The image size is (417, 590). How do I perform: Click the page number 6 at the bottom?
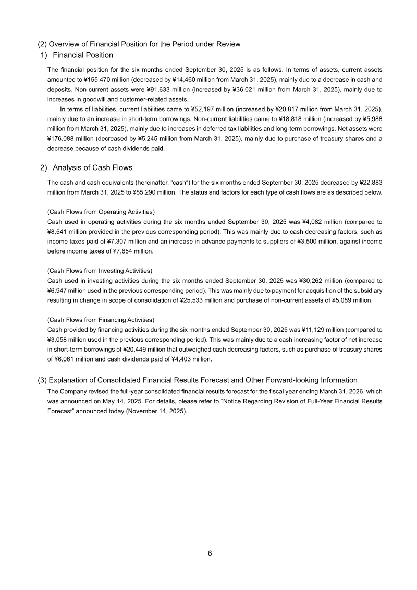(x=210, y=553)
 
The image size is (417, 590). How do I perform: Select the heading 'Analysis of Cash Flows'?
(x=92, y=167)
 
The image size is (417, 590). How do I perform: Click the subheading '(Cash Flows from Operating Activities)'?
(x=101, y=212)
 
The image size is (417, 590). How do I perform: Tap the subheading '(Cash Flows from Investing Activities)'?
(x=100, y=271)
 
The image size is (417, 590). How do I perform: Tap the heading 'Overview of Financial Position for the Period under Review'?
(x=144, y=44)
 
